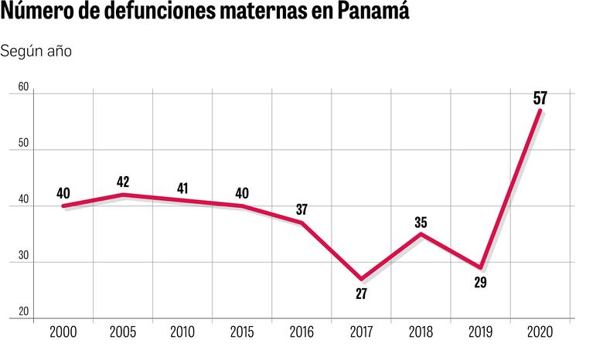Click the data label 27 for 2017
pyautogui.click(x=361, y=294)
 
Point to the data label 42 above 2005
pyautogui.click(x=123, y=182)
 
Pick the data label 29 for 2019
pyautogui.click(x=480, y=283)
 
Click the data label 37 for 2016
pyautogui.click(x=301, y=209)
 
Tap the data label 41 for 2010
pyautogui.click(x=182, y=188)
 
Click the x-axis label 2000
pyautogui.click(x=63, y=332)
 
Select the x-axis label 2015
pyautogui.click(x=242, y=332)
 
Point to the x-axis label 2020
pyautogui.click(x=540, y=332)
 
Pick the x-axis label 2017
pyautogui.click(x=361, y=332)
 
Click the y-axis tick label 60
pyautogui.click(x=23, y=88)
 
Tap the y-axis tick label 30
pyautogui.click(x=23, y=256)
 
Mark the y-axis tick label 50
pyautogui.click(x=23, y=144)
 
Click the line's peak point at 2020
pyautogui.click(x=540, y=110)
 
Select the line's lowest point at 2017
pyautogui.click(x=361, y=278)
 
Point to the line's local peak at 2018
pyautogui.click(x=421, y=233)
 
